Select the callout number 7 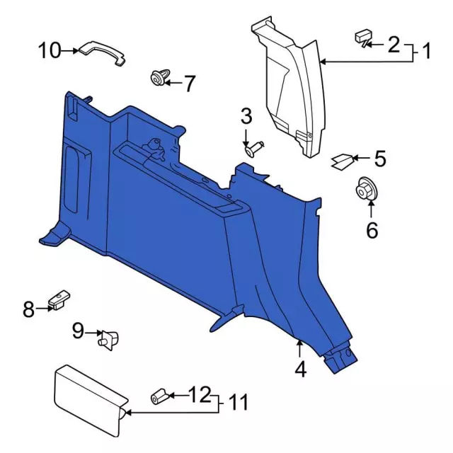point(189,84)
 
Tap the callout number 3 point(246,115)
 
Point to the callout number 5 point(380,159)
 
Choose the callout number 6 point(372,230)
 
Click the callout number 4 point(301,369)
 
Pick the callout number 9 point(78,330)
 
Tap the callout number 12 point(200,394)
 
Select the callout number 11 point(239,403)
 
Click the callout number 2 point(393,45)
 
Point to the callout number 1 point(427,51)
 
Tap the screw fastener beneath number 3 point(255,148)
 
